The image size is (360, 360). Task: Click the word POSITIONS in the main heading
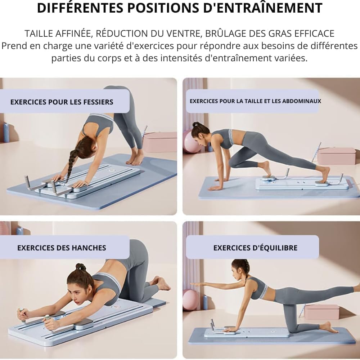[x=163, y=8]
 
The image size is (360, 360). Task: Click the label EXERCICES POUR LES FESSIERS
[x=62, y=102]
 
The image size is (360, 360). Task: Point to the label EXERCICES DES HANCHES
[x=62, y=248]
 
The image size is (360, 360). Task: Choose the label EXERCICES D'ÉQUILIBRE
[x=255, y=248]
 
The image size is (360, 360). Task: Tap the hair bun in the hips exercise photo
[x=81, y=267]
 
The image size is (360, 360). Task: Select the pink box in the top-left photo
[x=160, y=142]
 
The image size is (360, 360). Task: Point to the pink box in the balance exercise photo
[x=321, y=312]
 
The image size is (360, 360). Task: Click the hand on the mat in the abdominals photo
[x=215, y=188]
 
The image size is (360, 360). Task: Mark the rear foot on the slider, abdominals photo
[x=324, y=175]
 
